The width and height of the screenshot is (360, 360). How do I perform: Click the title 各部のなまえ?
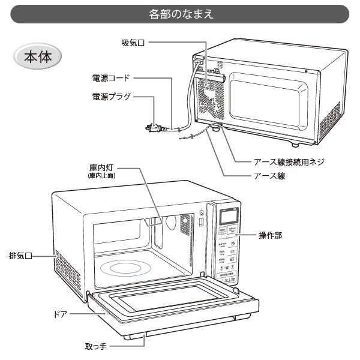pos(180,13)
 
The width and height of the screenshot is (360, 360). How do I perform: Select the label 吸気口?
pos(134,43)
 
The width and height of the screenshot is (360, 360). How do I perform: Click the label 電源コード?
pos(110,78)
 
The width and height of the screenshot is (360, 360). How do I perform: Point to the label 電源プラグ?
pos(110,96)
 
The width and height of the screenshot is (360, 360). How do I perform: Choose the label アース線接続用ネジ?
pos(288,162)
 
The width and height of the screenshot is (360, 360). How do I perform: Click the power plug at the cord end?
pos(152,127)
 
